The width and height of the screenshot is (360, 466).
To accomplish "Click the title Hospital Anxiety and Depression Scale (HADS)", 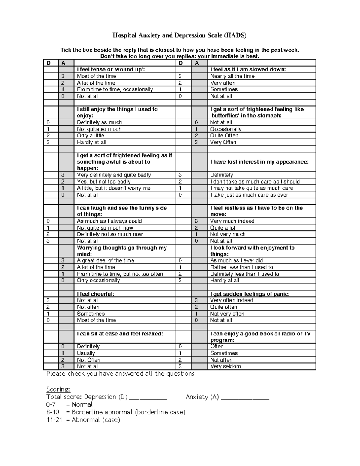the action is click(x=179, y=35).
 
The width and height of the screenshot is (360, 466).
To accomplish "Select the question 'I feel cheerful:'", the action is click(x=95, y=294).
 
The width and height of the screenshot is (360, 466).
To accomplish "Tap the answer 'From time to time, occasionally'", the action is click(x=115, y=89).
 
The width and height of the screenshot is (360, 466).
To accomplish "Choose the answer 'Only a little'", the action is click(x=91, y=136).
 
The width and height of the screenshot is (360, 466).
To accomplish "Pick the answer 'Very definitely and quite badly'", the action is click(x=114, y=175).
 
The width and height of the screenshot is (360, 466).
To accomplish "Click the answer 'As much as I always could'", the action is click(x=109, y=221).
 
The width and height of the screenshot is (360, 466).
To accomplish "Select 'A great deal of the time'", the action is click(x=106, y=260).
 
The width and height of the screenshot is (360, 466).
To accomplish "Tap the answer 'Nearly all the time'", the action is click(x=232, y=76).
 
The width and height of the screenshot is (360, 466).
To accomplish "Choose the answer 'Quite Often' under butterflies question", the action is click(x=224, y=136).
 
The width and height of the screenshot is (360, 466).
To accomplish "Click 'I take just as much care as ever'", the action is click(x=249, y=195).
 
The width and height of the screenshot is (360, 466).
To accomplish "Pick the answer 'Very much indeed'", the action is click(x=232, y=221).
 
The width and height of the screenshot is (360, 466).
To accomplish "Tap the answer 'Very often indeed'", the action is click(x=232, y=300).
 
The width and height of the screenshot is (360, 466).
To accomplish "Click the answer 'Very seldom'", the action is click(x=225, y=366).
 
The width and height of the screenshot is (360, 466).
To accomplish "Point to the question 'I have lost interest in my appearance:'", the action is click(x=259, y=162).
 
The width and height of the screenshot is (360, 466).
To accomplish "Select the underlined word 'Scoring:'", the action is click(x=58, y=389).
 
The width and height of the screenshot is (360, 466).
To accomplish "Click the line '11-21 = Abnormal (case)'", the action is click(x=83, y=420).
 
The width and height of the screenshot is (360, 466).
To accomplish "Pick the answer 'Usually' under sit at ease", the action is click(x=86, y=353).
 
